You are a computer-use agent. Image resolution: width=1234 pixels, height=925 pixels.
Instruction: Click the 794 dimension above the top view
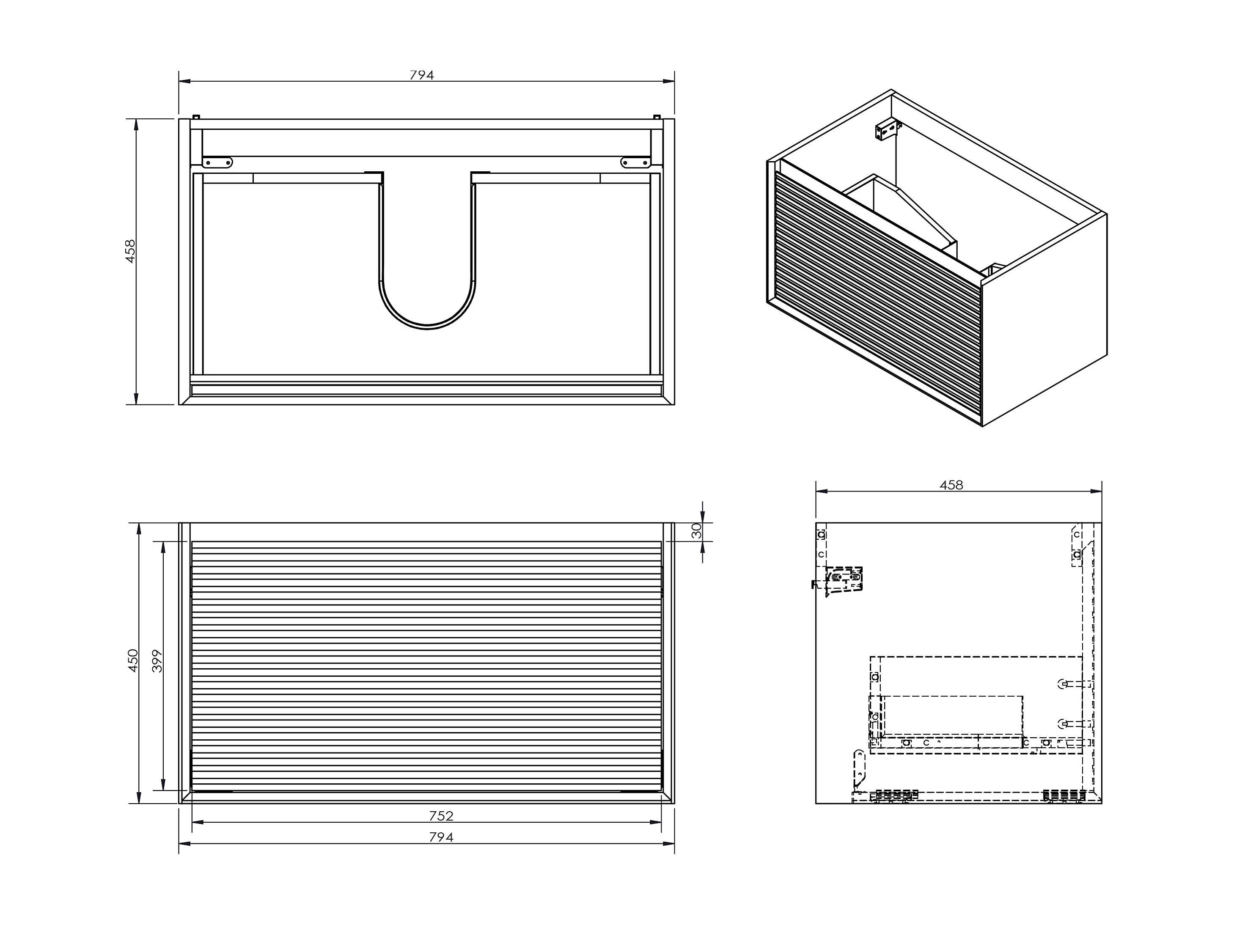pos(422,75)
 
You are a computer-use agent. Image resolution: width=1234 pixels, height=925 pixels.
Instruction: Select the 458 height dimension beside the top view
pos(130,251)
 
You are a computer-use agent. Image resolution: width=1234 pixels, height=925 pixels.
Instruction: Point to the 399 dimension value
pos(157,661)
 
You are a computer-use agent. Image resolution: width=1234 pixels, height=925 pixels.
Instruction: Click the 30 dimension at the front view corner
pos(696,531)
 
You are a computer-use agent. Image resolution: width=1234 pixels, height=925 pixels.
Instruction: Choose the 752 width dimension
pos(441,815)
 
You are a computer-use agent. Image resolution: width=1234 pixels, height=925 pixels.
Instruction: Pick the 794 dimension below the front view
pos(441,837)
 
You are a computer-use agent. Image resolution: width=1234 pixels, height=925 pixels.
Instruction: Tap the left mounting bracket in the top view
pos(217,162)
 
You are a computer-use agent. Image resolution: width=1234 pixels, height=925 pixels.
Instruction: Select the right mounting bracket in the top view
pos(636,162)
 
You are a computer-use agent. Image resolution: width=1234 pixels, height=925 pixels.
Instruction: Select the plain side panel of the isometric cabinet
pos(1044,320)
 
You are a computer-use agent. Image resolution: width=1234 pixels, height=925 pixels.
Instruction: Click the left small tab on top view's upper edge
pos(196,117)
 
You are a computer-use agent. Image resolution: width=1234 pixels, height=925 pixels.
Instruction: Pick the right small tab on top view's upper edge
pos(657,117)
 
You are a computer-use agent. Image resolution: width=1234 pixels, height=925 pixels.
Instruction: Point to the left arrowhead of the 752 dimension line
pos(198,822)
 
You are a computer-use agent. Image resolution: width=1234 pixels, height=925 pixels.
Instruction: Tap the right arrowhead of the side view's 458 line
pos(1096,491)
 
